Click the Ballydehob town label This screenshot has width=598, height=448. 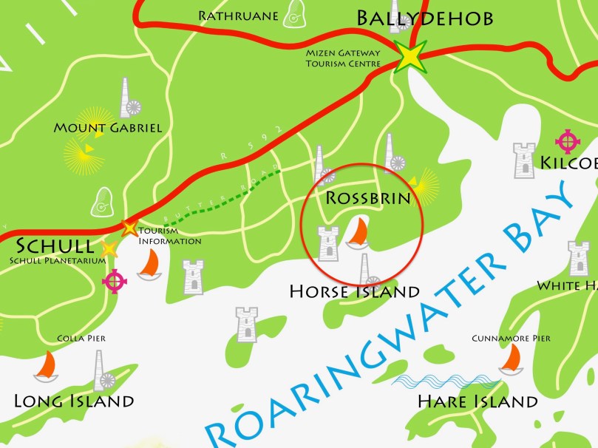(x=424, y=18)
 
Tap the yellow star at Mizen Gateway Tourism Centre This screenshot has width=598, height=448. (x=409, y=57)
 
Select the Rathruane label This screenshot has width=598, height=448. (x=238, y=15)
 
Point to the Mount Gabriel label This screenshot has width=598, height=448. (x=108, y=128)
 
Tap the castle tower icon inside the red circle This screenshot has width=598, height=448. (x=327, y=244)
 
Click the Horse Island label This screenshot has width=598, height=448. (x=354, y=292)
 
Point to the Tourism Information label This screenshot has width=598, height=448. (x=169, y=236)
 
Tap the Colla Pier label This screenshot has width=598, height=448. (x=81, y=339)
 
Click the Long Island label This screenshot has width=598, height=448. (x=74, y=401)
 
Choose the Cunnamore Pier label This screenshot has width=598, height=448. (x=511, y=339)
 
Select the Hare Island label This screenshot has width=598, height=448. (x=477, y=402)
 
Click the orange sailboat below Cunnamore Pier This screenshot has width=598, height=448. (x=510, y=360)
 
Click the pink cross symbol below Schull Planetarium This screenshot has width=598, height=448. (x=115, y=281)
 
